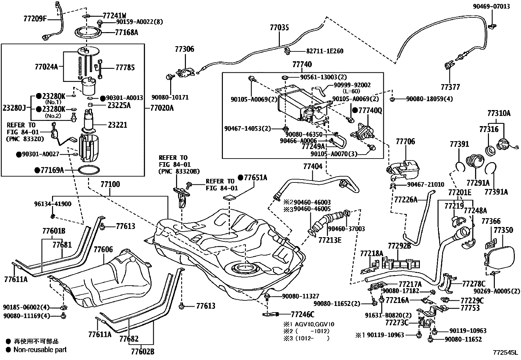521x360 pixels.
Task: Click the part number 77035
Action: [x=279, y=28]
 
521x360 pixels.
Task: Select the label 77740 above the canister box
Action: [x=302, y=64]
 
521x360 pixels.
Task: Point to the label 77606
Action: [x=103, y=250]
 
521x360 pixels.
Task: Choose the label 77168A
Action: [x=126, y=32]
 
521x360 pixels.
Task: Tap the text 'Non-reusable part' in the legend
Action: [x=40, y=350]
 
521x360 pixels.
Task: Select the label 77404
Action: [x=313, y=166]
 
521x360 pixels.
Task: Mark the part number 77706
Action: [x=405, y=142]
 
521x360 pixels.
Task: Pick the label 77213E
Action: [x=330, y=240]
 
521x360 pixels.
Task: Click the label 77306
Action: [x=184, y=49]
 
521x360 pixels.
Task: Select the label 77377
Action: [x=450, y=87]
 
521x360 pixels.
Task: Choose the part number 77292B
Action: [x=399, y=246]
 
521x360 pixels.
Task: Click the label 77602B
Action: [x=142, y=352]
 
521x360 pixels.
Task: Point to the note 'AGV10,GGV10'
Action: [x=315, y=324]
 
